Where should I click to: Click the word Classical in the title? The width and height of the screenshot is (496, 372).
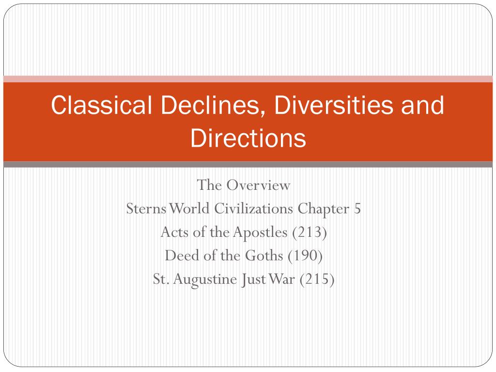pos(101,105)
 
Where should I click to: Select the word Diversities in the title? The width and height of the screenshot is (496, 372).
pos(333,105)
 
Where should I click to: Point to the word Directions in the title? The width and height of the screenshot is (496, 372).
pos(248,138)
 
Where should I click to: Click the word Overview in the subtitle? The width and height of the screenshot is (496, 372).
pos(258,185)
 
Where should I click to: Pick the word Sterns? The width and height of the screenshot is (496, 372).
pos(146,208)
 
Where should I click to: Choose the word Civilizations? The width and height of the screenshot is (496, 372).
pos(253,208)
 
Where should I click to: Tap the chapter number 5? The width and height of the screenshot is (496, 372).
pos(357,208)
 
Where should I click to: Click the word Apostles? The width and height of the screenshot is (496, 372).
pos(260,232)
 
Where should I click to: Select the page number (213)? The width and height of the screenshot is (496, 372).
pos(310,232)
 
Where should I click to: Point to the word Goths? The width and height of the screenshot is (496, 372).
pos(264,255)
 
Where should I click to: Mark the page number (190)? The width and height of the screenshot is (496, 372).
pos(305,256)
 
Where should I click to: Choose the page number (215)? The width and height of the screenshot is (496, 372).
pos(317,279)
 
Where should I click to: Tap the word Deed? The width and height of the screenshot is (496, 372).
pos(182,255)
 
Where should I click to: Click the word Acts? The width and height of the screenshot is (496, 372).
pos(175,232)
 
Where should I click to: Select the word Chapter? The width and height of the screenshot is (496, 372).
pos(323,209)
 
